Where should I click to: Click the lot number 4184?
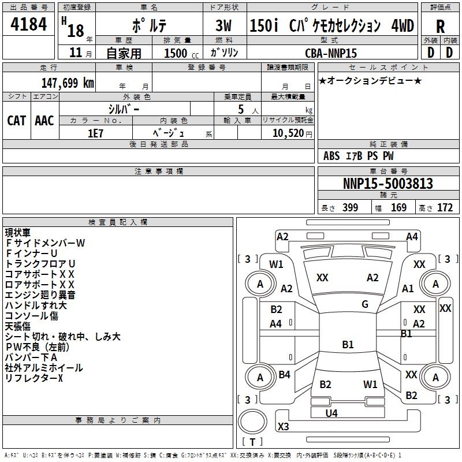pyautogui.click(x=28, y=24)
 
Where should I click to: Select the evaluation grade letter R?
pyautogui.click(x=440, y=27)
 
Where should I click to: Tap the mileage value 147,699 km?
pyautogui.click(x=68, y=83)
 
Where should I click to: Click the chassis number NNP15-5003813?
pyautogui.click(x=388, y=184)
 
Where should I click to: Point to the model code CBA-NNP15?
pyautogui.click(x=331, y=53)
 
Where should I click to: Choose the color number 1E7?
pyautogui.click(x=95, y=133)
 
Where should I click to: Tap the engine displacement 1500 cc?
pyautogui.click(x=181, y=53)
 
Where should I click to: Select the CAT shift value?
pyautogui.click(x=17, y=121)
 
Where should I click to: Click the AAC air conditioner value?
pyautogui.click(x=44, y=121)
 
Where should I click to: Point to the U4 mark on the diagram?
pyautogui.click(x=331, y=413)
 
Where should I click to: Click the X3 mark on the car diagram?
pyautogui.click(x=283, y=426)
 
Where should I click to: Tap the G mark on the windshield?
pyautogui.click(x=365, y=304)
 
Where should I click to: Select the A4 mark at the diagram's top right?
pyautogui.click(x=412, y=237)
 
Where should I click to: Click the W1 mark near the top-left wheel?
pyautogui.click(x=276, y=264)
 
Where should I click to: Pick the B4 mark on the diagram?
pyautogui.click(x=284, y=374)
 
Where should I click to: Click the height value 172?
pyautogui.click(x=445, y=208)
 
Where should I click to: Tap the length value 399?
pyautogui.click(x=351, y=208)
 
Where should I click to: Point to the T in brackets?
pyautogui.click(x=252, y=442)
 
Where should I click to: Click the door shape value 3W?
pyautogui.click(x=223, y=25)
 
